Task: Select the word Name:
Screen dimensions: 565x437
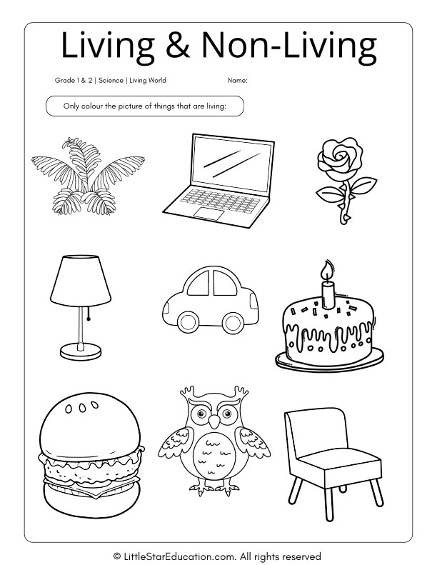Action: (x=238, y=81)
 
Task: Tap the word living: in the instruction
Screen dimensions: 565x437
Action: (x=214, y=106)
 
